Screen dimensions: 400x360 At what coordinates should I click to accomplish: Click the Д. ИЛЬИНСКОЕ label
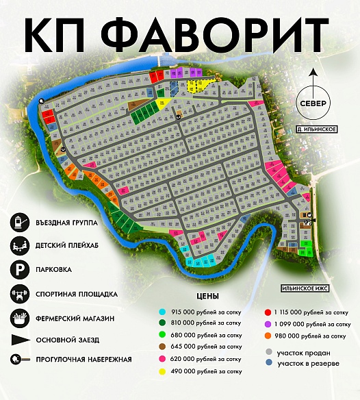311,129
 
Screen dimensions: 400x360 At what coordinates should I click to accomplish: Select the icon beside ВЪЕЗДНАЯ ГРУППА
18,223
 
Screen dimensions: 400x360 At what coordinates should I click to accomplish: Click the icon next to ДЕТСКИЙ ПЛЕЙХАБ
18,245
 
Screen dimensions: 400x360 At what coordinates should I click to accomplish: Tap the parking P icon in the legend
18,269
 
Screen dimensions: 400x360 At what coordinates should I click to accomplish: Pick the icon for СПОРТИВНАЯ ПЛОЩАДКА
18,294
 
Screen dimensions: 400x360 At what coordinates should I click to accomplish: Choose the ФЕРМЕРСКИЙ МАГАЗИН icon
18,318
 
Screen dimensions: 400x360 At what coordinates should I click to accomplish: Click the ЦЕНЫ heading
207,297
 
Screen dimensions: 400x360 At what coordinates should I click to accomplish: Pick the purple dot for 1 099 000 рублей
266,323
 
